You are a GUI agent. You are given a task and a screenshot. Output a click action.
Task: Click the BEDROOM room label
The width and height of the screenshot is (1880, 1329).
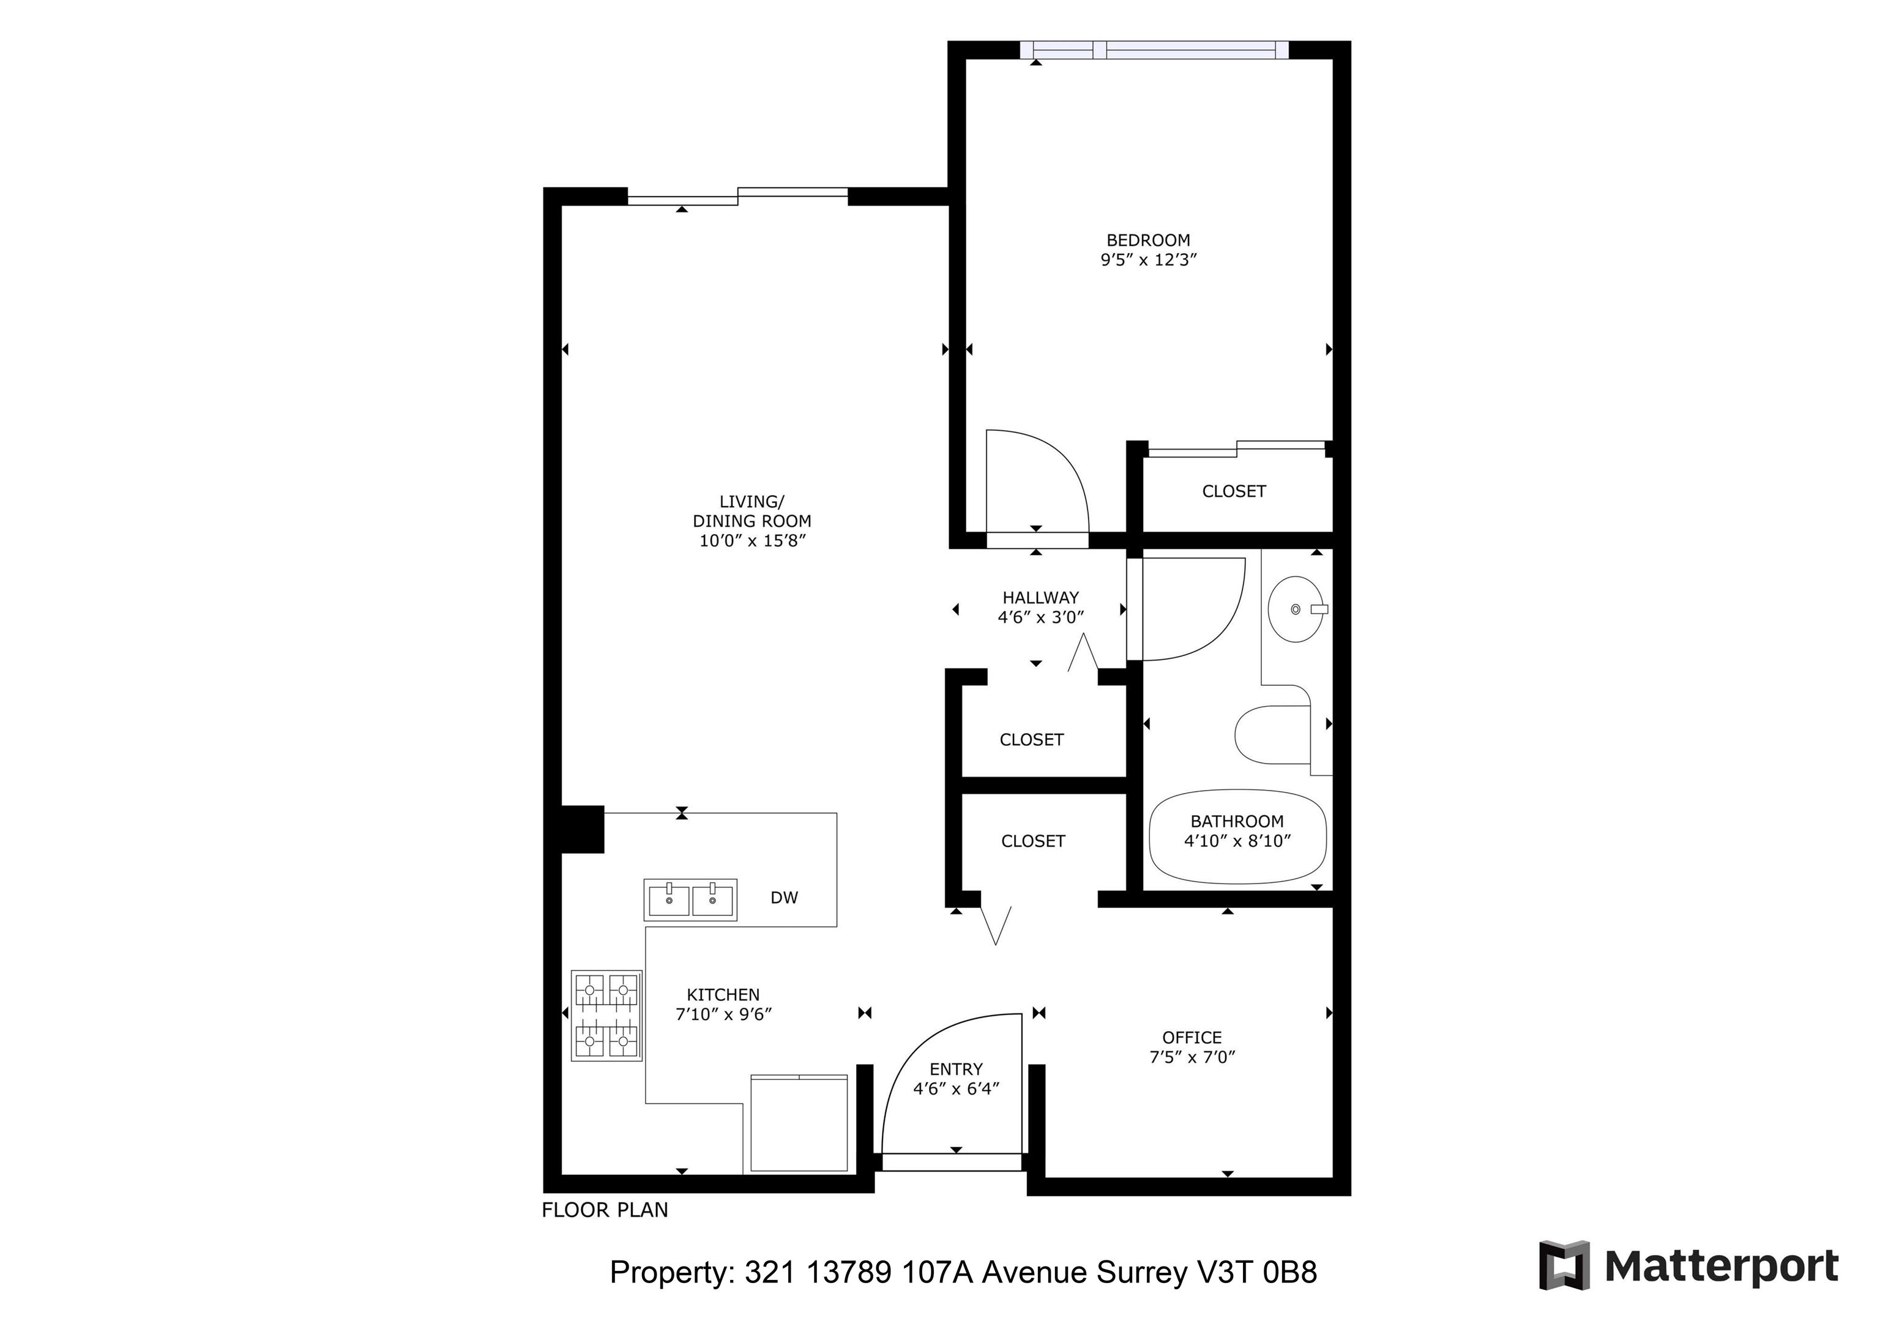point(1148,240)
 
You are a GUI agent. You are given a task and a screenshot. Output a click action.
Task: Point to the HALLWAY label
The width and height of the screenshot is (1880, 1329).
point(1041,598)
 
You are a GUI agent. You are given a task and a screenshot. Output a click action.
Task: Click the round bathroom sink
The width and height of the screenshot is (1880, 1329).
point(1296,609)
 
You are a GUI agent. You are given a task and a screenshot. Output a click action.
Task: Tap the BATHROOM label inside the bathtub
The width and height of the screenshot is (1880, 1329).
point(1237,821)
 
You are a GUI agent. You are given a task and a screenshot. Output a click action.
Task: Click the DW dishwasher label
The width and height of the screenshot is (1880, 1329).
point(783,898)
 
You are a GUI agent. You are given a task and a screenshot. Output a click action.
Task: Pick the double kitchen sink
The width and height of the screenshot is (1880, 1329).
point(690,900)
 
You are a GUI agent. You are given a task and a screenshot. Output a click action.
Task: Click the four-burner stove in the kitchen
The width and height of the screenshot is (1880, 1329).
point(606,1016)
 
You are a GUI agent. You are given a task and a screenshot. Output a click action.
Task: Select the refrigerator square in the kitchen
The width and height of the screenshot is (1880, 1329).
point(799,1123)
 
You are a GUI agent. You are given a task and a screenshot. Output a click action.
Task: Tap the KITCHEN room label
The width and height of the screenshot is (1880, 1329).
point(723,995)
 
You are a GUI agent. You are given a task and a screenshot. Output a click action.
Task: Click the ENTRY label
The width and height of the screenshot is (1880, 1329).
point(957,1070)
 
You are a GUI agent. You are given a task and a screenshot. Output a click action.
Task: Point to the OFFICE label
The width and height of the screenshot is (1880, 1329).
point(1192,1038)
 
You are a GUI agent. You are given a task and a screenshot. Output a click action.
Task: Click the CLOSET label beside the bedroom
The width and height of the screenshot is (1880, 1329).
point(1234,491)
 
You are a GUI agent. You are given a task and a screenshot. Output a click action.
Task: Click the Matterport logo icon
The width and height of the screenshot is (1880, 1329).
point(1564,1265)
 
